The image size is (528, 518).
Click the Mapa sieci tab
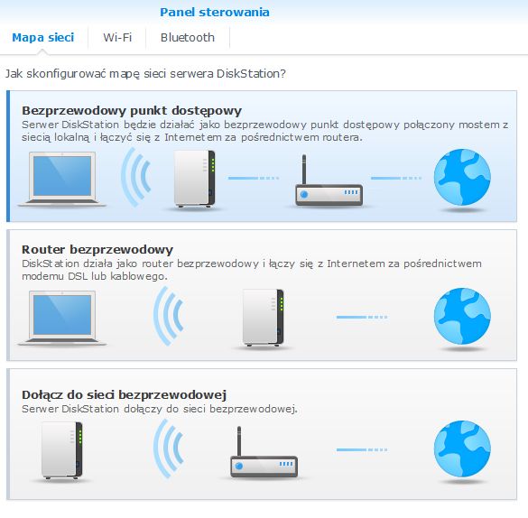pyautogui.click(x=43, y=37)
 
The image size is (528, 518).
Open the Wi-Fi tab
pyautogui.click(x=117, y=37)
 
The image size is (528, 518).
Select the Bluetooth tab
pyautogui.click(x=187, y=37)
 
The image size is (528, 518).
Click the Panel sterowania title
pyautogui.click(x=215, y=13)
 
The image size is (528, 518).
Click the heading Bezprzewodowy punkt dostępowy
pyautogui.click(x=132, y=111)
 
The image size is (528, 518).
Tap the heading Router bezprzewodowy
pyautogui.click(x=97, y=249)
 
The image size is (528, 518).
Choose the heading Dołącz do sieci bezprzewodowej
pyautogui.click(x=124, y=394)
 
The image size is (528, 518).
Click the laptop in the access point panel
pyautogui.click(x=62, y=179)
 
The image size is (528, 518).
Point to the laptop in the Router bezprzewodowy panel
pyautogui.click(x=62, y=318)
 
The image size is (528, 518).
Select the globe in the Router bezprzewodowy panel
pyautogui.click(x=462, y=316)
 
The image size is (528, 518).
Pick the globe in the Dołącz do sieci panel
pyautogui.click(x=462, y=449)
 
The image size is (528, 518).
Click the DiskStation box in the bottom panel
pyautogui.click(x=62, y=450)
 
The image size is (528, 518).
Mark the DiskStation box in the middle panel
pyautogui.click(x=264, y=318)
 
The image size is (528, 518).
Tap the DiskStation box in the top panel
pyautogui.click(x=195, y=179)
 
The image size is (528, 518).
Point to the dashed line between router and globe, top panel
pyautogui.click(x=396, y=178)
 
